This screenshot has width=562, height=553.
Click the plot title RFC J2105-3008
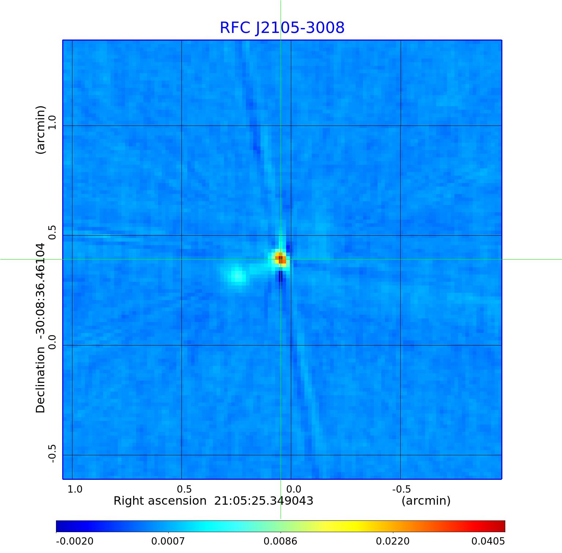pos(282,28)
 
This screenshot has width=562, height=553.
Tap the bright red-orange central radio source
pos(281,259)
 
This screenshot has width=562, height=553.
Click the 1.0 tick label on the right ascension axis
pos(75,489)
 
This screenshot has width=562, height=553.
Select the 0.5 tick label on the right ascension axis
pos(184,489)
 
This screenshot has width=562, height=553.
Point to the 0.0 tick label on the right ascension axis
pos(293,489)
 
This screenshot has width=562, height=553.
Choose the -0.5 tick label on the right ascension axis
pos(401,489)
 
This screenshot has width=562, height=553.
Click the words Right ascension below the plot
pos(160,501)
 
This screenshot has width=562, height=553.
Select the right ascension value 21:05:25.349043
pos(263,501)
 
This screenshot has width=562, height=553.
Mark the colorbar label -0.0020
pos(75,541)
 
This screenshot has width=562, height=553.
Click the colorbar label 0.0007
pos(168,541)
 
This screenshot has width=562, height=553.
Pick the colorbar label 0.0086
pos(280,541)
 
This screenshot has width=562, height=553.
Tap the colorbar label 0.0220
pos(393,541)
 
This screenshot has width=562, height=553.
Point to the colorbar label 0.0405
pos(488,541)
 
